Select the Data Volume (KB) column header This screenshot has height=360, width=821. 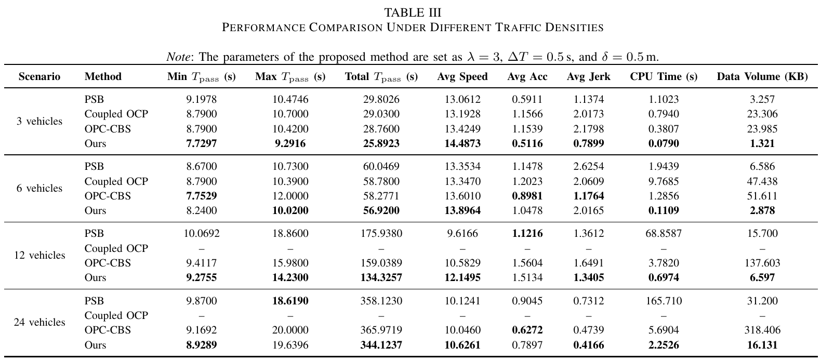pyautogui.click(x=762, y=77)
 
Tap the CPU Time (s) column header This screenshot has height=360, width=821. pyautogui.click(x=664, y=77)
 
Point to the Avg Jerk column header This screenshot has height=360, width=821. pyautogui.click(x=588, y=77)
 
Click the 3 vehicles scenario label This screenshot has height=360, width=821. pyautogui.click(x=39, y=122)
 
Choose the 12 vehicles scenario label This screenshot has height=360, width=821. pyautogui.click(x=39, y=256)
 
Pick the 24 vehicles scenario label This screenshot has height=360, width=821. pyautogui.click(x=39, y=323)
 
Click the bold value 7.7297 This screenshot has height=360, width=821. pyautogui.click(x=201, y=144)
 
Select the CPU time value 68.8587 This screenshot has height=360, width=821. pyautogui.click(x=664, y=234)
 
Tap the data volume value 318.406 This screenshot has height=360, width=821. pyautogui.click(x=762, y=330)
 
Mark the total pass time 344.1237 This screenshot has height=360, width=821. pyautogui.click(x=381, y=345)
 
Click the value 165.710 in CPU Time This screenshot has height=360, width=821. pyautogui.click(x=664, y=301)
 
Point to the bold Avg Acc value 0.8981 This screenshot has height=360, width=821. pyautogui.click(x=527, y=196)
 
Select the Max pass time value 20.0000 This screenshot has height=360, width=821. pyautogui.click(x=290, y=330)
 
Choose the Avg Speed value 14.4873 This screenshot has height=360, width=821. pyautogui.click(x=462, y=144)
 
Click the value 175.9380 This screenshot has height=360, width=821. pyautogui.click(x=381, y=234)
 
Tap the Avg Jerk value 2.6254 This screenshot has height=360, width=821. pyautogui.click(x=588, y=167)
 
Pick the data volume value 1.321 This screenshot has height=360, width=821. pyautogui.click(x=762, y=144)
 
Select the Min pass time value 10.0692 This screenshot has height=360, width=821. pyautogui.click(x=201, y=234)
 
